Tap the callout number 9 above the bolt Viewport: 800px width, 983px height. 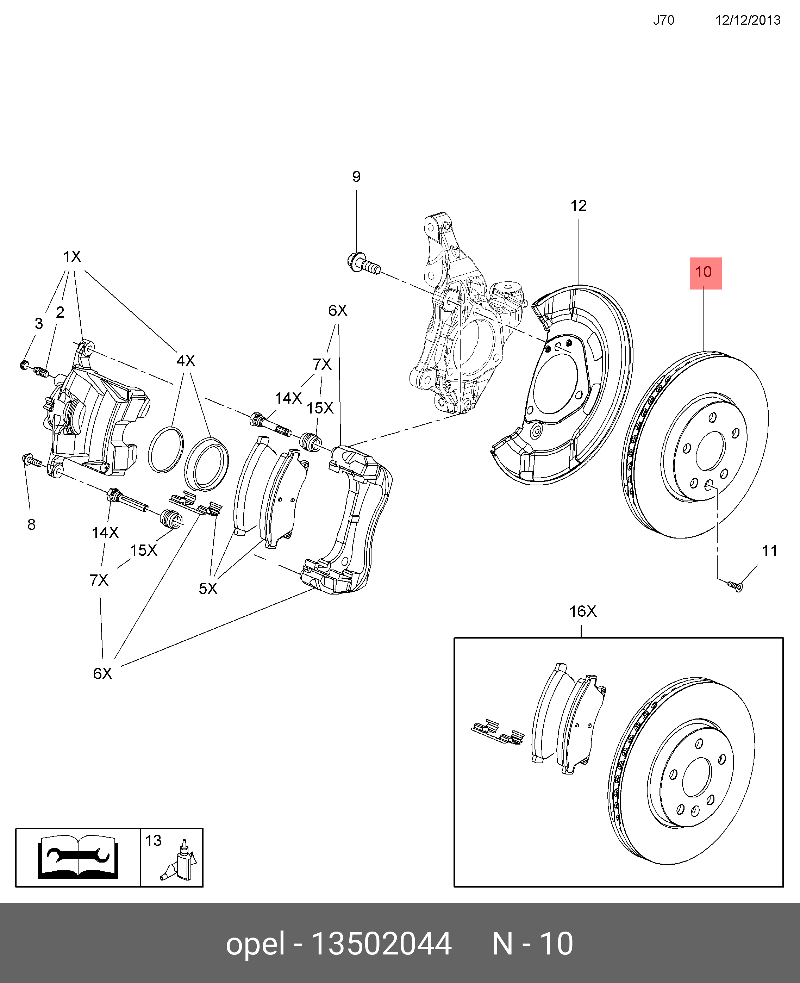356,176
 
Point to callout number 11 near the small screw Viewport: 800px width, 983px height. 769,551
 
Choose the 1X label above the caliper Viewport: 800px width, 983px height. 72,257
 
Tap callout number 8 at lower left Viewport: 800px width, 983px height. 31,524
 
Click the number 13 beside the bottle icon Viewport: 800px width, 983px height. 154,841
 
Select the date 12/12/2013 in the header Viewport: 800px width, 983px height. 748,20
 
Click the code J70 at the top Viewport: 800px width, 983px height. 664,20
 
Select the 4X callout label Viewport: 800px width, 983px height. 186,361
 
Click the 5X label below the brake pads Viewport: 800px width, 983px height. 208,589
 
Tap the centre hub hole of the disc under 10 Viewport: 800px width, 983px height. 710,451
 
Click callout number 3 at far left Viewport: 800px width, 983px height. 39,324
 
